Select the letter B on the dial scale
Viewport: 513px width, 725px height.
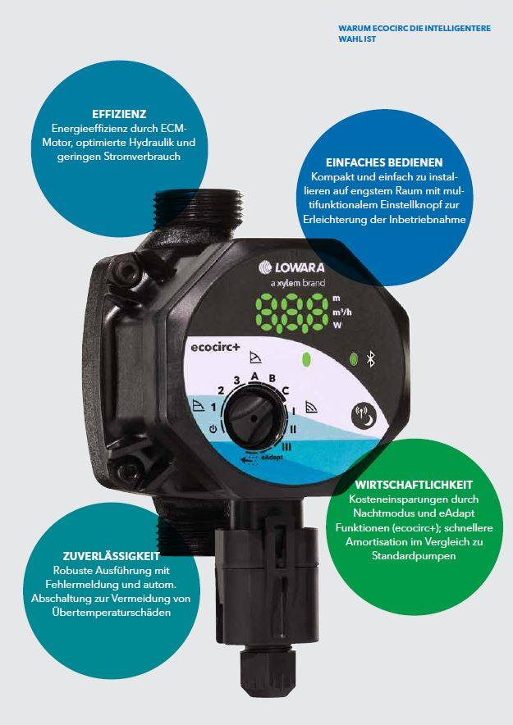coord(272,379)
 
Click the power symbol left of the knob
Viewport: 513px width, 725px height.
coord(213,428)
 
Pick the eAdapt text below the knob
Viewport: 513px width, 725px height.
coord(272,457)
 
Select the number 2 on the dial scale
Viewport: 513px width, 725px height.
coord(220,390)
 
